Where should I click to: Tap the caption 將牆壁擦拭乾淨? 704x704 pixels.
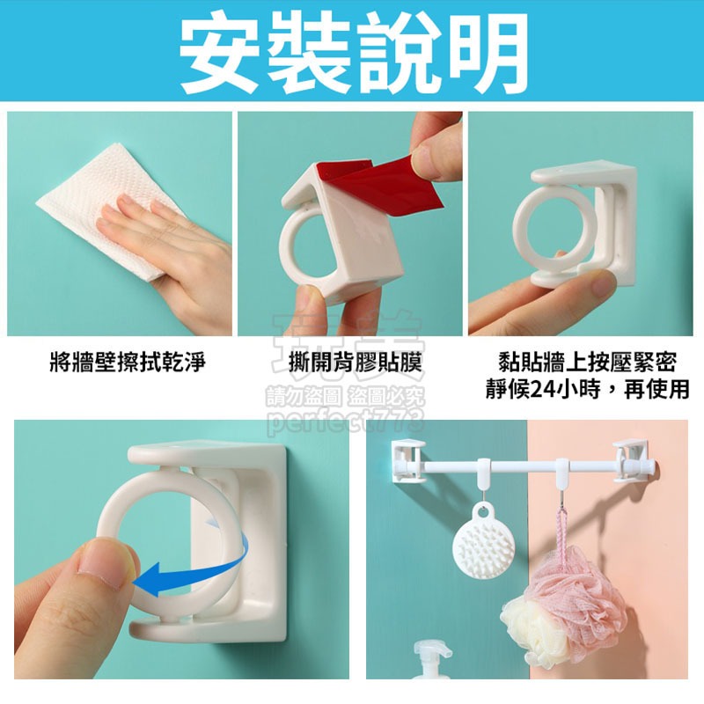click(x=127, y=362)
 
